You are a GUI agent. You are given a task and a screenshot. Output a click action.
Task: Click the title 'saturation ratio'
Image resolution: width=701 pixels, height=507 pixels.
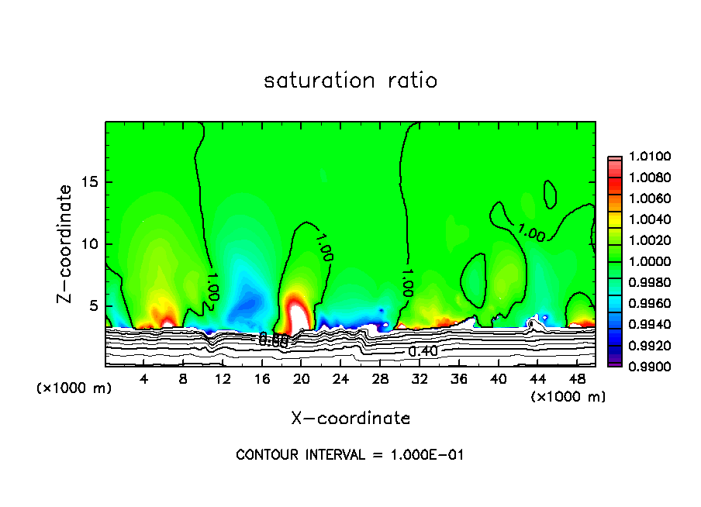[x=350, y=81]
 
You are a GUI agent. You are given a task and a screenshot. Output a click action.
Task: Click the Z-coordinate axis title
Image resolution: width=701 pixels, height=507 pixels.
[x=65, y=243]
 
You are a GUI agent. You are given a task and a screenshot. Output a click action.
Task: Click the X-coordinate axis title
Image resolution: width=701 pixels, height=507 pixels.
[x=350, y=419]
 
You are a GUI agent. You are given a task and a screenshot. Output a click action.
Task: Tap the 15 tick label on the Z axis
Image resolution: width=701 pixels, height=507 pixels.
[x=90, y=182]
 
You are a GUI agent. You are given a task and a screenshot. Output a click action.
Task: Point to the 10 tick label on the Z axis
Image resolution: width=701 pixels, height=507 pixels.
[x=90, y=243]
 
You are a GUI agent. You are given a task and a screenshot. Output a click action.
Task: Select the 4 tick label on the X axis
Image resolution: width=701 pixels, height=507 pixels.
[x=144, y=379]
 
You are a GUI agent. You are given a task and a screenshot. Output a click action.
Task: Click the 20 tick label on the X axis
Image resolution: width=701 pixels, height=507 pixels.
[x=302, y=379]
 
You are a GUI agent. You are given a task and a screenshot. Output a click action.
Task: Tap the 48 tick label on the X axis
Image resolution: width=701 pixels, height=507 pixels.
[x=577, y=379]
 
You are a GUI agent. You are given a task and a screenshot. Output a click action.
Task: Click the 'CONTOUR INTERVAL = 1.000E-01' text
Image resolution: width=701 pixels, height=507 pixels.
[x=350, y=455]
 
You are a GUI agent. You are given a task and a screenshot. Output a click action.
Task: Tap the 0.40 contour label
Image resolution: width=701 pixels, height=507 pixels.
[x=423, y=351]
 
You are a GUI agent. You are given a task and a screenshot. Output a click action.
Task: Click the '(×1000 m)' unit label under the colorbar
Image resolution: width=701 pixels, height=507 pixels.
[x=568, y=397]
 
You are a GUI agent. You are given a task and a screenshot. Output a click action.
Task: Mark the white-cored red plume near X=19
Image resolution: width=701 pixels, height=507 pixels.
[x=297, y=313]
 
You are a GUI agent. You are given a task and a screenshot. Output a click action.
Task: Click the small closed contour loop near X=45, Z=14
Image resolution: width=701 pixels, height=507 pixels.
[x=550, y=194]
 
